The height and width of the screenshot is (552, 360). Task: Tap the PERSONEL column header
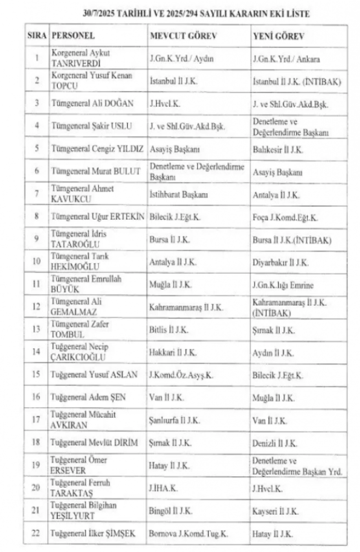click(x=73, y=36)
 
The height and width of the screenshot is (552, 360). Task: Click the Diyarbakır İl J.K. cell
click(x=281, y=263)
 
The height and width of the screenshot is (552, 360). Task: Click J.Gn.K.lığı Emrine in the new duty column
click(x=283, y=285)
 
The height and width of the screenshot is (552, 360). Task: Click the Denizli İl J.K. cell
click(x=275, y=443)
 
